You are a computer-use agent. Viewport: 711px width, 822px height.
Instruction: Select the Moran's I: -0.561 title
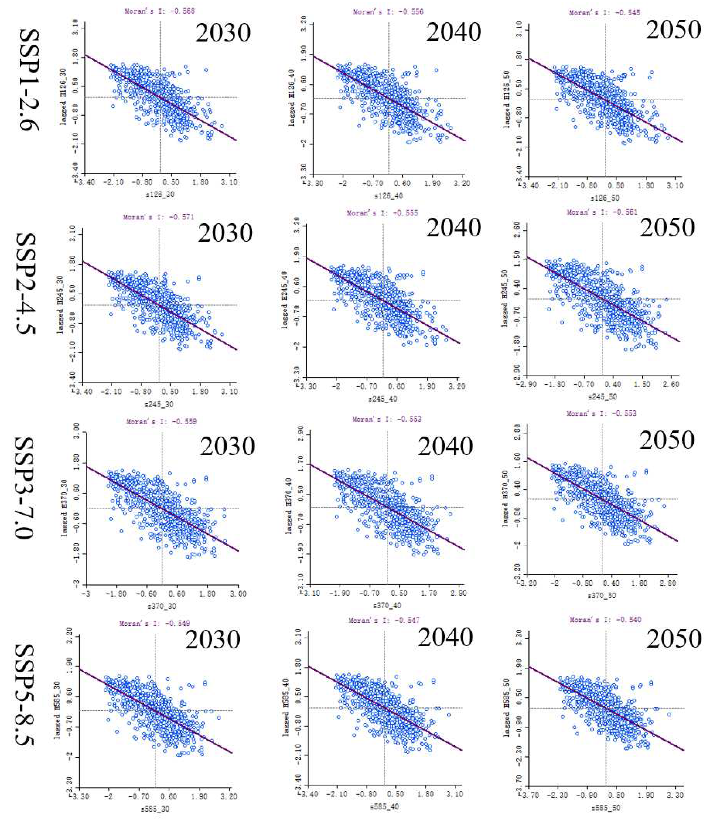602,212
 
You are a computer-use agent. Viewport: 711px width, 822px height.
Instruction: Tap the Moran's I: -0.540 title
605,620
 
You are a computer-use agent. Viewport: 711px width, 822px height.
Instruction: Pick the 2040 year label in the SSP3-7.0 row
445,446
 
